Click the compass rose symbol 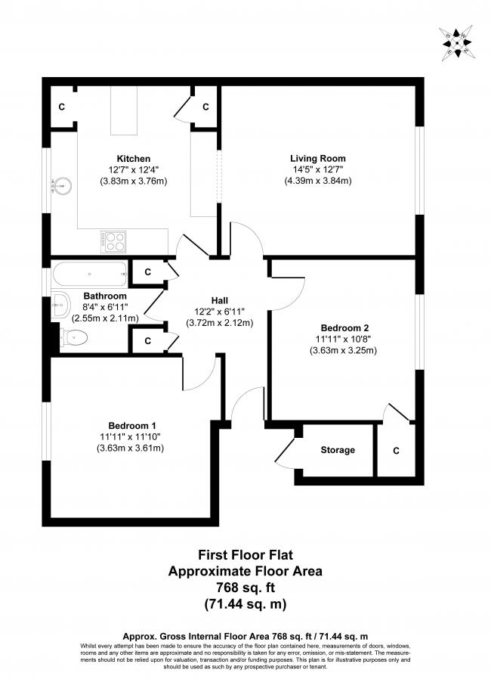point(459,42)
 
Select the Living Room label point(317,158)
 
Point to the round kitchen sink point(61,183)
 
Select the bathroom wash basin point(60,306)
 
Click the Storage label point(338,450)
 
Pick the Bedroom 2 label point(344,327)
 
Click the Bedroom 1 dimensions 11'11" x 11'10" point(130,436)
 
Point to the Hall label point(220,299)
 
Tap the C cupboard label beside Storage point(396,450)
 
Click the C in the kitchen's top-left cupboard point(62,107)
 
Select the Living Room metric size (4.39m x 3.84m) point(317,182)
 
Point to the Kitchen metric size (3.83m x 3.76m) point(133,182)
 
